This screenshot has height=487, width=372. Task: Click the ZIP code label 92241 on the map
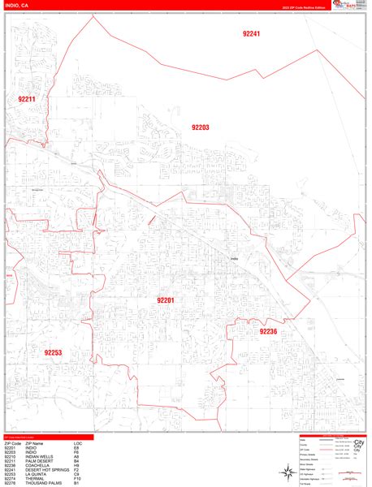(x=251, y=34)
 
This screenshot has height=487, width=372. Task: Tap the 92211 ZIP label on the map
(x=27, y=99)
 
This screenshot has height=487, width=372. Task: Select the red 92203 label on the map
(x=200, y=127)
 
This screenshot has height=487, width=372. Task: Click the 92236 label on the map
(x=268, y=331)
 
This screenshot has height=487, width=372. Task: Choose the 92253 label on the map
(x=54, y=352)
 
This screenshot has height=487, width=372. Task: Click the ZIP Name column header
(x=36, y=442)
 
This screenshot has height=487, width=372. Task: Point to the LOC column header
(x=77, y=442)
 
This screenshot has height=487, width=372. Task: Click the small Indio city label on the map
(x=233, y=259)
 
